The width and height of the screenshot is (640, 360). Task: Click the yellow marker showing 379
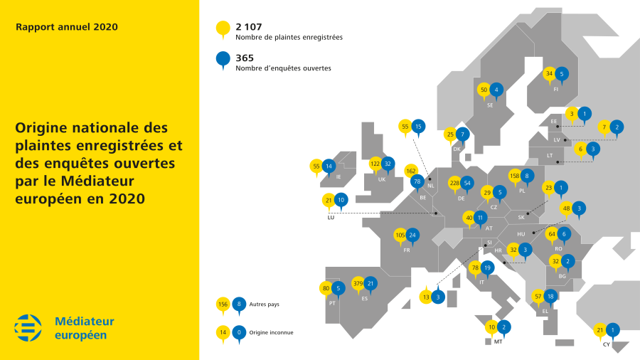(358, 284)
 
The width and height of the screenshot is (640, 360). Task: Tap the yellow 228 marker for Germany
(454, 182)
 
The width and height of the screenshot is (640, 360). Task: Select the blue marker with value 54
(466, 182)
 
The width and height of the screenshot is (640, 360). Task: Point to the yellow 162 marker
(411, 171)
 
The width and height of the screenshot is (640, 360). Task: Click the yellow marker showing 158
(516, 175)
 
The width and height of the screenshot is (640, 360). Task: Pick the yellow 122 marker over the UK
(376, 164)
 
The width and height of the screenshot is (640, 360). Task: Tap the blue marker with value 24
(413, 235)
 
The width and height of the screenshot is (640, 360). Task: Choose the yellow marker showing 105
(400, 235)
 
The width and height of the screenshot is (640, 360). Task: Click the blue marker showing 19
(486, 268)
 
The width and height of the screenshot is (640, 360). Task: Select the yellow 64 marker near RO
(551, 234)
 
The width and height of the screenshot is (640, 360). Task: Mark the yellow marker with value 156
(223, 304)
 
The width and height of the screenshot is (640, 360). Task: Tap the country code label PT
(332, 302)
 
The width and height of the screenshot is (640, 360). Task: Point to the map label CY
(606, 344)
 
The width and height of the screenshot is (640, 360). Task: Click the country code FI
(555, 89)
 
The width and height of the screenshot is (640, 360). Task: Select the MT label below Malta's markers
(498, 342)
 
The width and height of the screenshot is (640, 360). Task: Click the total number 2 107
(250, 26)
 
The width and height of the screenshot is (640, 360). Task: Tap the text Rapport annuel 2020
(67, 27)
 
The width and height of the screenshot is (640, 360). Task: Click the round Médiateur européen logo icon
(29, 327)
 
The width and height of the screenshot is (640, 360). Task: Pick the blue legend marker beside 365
(223, 59)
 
